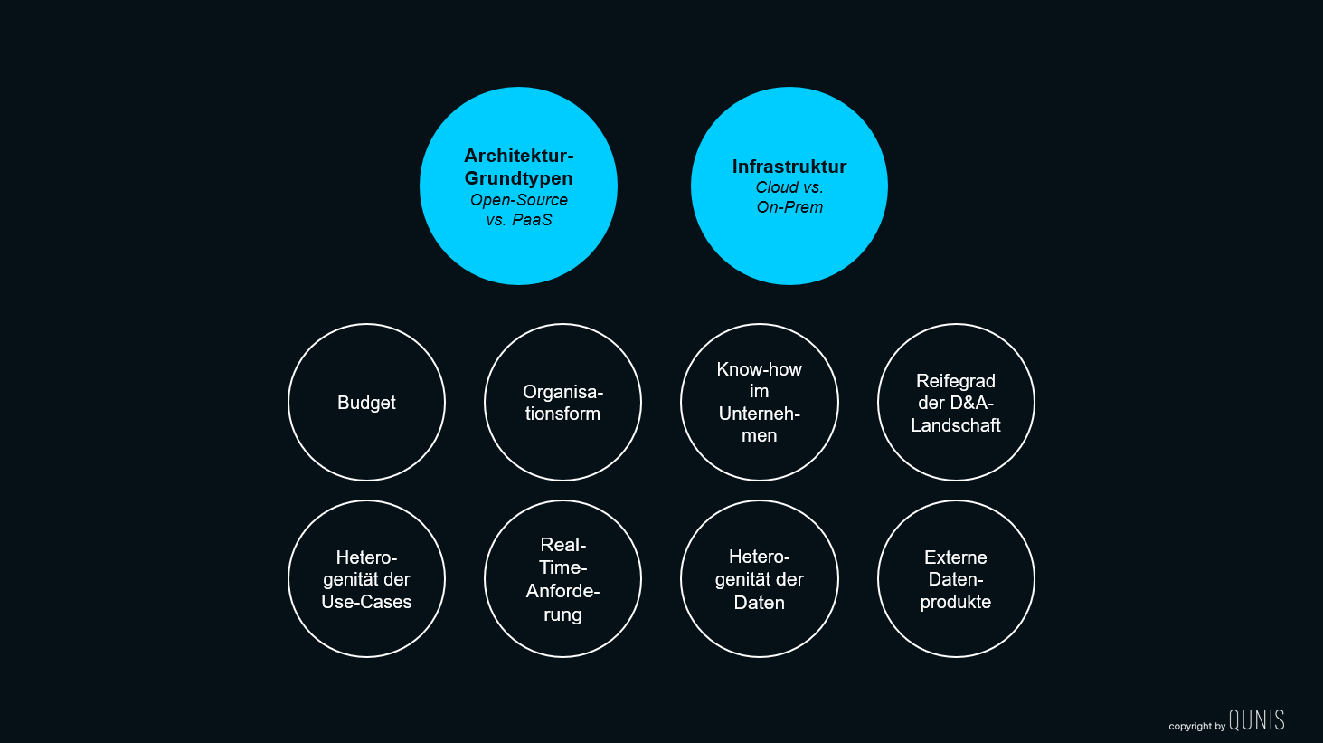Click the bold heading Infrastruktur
click(789, 167)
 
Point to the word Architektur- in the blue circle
click(518, 156)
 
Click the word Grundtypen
click(518, 178)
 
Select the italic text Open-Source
click(518, 200)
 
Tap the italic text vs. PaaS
click(518, 220)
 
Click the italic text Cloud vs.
click(789, 187)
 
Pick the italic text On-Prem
click(789, 207)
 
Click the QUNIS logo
click(1256, 720)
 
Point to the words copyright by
click(1196, 727)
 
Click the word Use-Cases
click(366, 602)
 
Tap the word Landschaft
click(956, 425)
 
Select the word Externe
click(956, 557)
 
